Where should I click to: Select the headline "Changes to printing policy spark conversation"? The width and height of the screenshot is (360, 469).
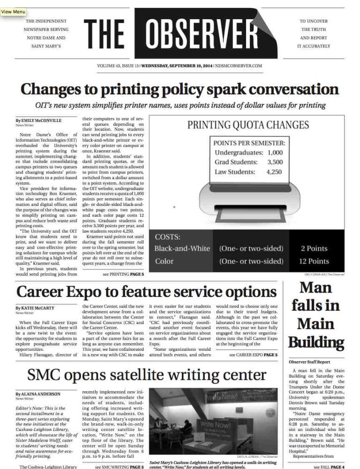[x=180, y=89]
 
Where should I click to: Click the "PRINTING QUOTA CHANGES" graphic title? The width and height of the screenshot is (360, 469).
[x=248, y=125]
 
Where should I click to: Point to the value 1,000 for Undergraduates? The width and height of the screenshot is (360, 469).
[x=277, y=152]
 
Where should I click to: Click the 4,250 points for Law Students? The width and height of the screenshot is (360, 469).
[x=274, y=172]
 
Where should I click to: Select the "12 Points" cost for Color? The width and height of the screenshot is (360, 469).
[x=315, y=261]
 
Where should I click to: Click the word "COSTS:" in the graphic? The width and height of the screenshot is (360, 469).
[x=168, y=237]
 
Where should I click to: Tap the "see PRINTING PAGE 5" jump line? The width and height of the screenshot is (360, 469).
[x=123, y=273]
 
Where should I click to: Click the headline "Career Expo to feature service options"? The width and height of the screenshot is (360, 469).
[x=146, y=291]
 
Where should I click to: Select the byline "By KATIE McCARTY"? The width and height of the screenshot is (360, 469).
[x=35, y=308]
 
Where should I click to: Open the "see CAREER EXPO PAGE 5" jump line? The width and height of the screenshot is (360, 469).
[x=253, y=355]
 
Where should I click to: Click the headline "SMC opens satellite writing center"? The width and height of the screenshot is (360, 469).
[x=146, y=375]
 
